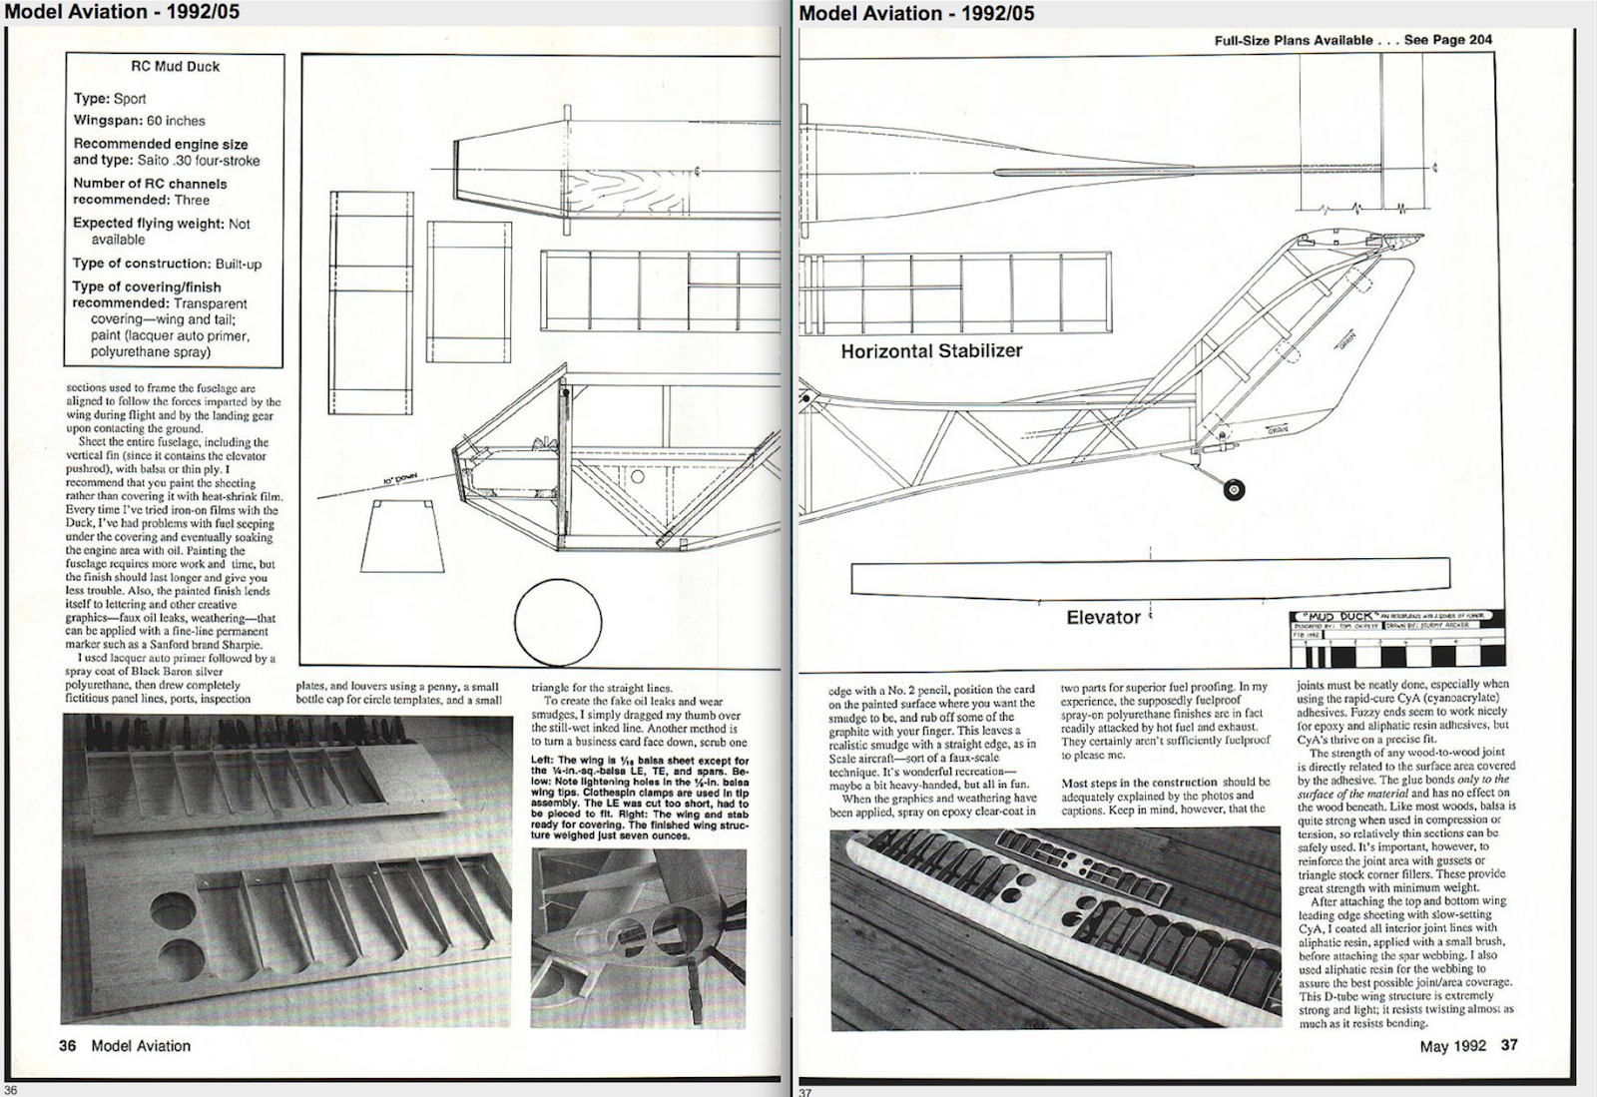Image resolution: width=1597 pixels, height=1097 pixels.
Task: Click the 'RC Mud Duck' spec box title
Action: [175, 66]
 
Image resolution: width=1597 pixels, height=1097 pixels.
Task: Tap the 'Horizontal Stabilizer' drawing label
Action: [931, 351]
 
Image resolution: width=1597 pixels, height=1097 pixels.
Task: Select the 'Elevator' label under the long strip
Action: [1103, 618]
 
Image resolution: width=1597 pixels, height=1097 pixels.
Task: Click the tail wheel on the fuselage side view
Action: [1234, 490]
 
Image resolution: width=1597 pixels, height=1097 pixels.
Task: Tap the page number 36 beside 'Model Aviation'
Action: [67, 1046]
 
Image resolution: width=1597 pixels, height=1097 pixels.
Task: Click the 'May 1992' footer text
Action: [1452, 1046]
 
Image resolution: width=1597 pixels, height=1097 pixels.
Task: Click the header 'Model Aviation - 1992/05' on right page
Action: [916, 13]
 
